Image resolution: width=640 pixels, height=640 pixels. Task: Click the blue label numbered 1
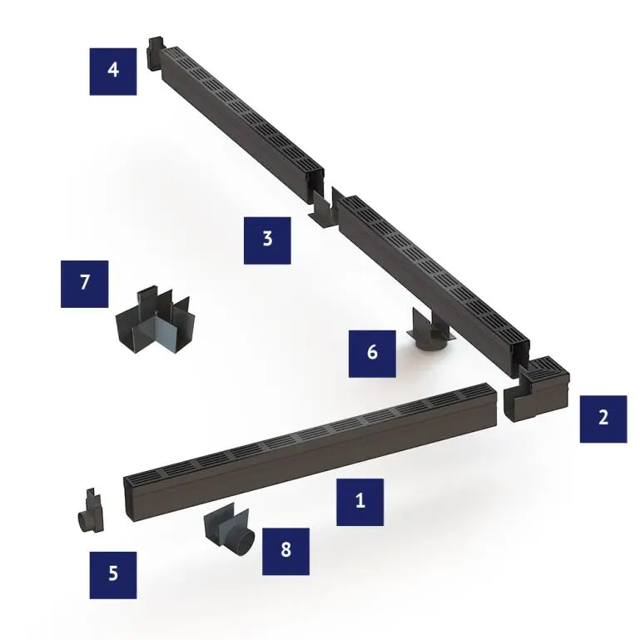[x=360, y=502]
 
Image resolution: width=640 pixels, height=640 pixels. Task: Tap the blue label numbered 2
[x=603, y=419]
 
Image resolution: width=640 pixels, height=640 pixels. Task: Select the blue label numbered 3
[x=267, y=241]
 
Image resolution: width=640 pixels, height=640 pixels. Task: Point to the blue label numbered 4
[x=113, y=72]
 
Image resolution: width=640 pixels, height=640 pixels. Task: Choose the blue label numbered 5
[x=113, y=575]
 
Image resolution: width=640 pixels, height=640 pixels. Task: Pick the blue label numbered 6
[x=372, y=354]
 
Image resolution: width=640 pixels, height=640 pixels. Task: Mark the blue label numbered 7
[x=85, y=284]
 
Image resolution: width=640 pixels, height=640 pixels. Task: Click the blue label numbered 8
[x=285, y=551]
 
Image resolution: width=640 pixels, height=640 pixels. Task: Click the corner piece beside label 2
[x=537, y=389]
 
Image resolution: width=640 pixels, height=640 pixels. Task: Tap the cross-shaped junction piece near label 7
[x=155, y=320]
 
